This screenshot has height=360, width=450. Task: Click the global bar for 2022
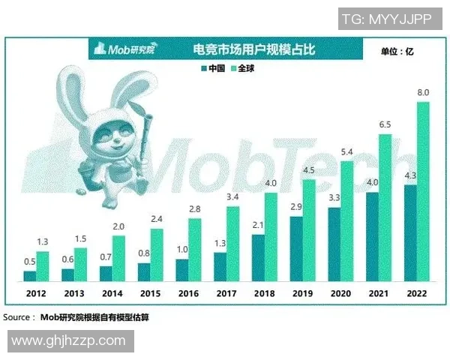pos(422,191)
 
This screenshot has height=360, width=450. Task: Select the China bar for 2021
pos(371,237)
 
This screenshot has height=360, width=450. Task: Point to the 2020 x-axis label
pos(340,294)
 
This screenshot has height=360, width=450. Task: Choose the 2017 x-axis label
pos(226,294)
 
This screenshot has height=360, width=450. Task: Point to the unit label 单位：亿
pos(397,52)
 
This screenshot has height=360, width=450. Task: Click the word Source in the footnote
pos(18,318)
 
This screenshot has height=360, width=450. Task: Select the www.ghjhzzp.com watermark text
pos(67,340)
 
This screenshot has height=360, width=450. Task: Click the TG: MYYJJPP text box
pos(386,19)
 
